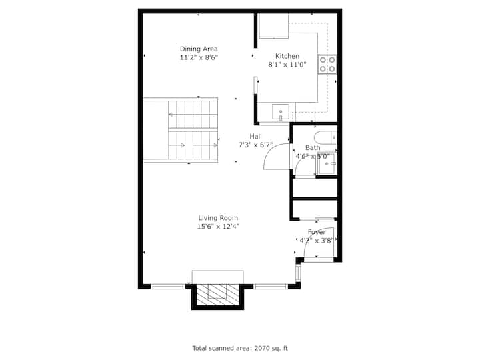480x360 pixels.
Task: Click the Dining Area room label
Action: pos(199,49)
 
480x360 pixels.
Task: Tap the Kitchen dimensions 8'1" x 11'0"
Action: pos(287,65)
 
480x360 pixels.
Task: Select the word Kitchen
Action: pos(287,56)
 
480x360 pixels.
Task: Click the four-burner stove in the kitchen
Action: pos(327,64)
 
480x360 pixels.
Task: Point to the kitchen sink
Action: pos(281,112)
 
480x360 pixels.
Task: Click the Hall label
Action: pos(255,136)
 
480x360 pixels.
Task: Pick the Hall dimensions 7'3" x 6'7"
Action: pos(255,145)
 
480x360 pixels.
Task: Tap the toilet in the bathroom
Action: pos(325,138)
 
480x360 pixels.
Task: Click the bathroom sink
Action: pos(327,164)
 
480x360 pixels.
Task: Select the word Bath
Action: pos(313,148)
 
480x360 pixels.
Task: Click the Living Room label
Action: pos(218,218)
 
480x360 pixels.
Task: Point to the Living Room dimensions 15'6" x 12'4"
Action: pos(218,227)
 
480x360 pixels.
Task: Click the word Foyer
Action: pos(317,232)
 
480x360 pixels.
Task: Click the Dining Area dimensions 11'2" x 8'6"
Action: pos(199,57)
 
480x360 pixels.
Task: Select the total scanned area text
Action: pos(240,348)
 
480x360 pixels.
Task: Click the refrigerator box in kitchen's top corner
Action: pos(274,26)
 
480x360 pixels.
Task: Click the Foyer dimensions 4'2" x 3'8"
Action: pos(317,241)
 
